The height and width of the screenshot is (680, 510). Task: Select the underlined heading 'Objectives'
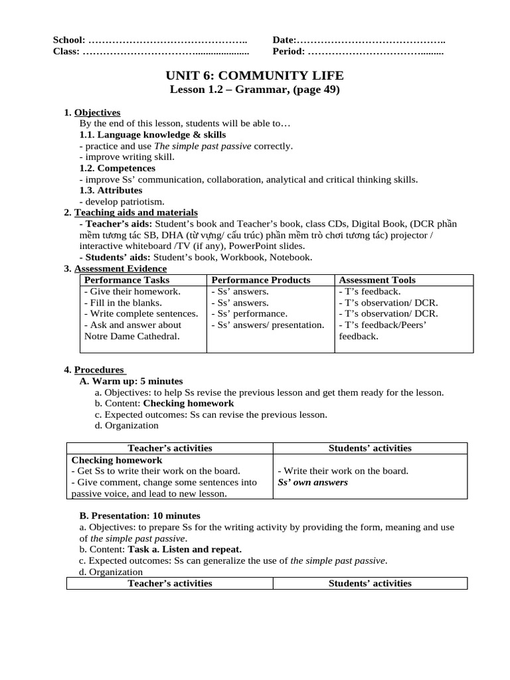pos(97,113)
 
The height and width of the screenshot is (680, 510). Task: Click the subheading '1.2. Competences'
pos(117,168)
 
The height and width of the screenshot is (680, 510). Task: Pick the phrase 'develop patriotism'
pos(123,201)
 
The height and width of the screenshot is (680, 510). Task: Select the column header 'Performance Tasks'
pos(123,280)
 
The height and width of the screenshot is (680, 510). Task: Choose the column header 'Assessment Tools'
pos(377,280)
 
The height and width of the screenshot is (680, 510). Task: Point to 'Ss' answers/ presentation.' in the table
pos(268,325)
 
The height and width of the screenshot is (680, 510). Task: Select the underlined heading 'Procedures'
pos(99,369)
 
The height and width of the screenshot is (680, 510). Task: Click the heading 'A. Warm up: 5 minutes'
pos(131,381)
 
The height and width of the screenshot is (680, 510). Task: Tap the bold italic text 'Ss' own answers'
pos(312,482)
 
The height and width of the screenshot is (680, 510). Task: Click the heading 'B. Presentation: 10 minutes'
pos(139,515)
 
